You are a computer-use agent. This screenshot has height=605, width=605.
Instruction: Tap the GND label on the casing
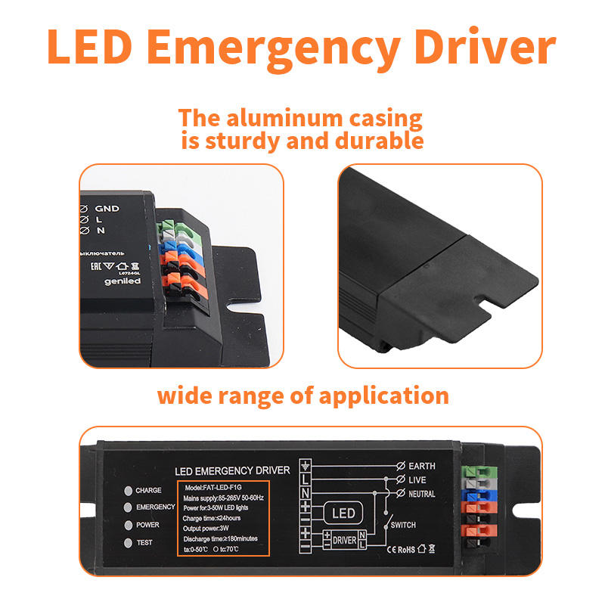tap(107, 207)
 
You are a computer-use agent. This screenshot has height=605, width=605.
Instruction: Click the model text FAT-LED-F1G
tap(216, 486)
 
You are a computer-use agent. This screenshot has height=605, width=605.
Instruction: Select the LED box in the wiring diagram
tap(343, 514)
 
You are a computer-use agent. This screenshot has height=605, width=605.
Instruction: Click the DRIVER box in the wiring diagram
tap(344, 541)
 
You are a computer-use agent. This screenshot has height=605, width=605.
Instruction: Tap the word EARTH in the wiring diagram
tap(421, 467)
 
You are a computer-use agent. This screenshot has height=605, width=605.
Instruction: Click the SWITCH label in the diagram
tap(403, 525)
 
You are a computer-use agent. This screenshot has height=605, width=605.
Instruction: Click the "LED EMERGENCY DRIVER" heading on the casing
tap(232, 470)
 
